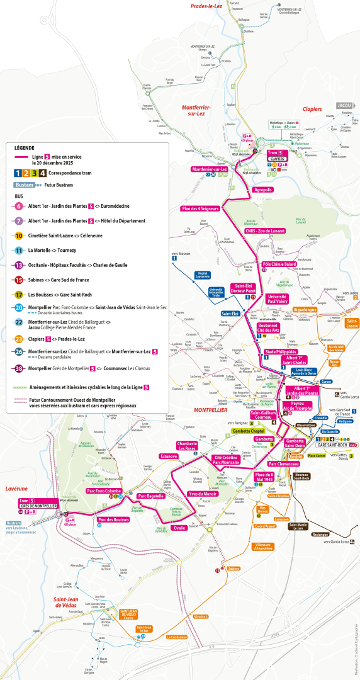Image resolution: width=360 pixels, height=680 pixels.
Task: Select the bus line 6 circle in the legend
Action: click(x=19, y=206)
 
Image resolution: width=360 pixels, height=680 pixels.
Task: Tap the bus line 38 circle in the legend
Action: click(x=19, y=368)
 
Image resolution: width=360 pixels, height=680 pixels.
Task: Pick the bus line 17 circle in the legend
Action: click(x=19, y=295)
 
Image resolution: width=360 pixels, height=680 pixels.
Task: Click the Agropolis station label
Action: click(x=263, y=190)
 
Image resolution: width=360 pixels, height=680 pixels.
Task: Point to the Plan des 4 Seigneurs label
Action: click(x=200, y=209)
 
